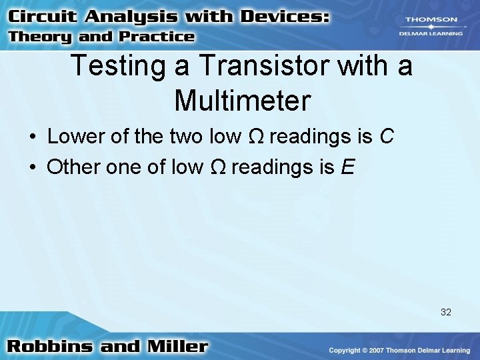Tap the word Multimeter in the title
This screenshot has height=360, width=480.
tap(242, 100)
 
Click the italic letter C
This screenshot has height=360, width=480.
tap(387, 137)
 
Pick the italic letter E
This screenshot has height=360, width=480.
tap(347, 166)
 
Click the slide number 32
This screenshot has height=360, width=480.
tap(445, 311)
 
